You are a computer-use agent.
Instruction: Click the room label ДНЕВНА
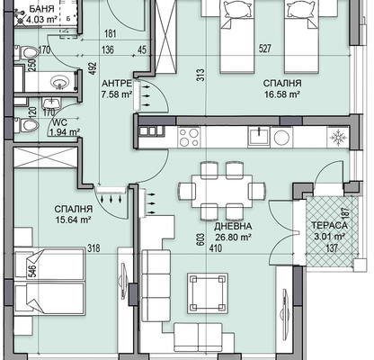[233, 226]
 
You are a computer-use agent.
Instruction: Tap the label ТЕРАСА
[329, 225]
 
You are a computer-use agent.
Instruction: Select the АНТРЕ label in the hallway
[117, 83]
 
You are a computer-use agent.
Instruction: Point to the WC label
[59, 122]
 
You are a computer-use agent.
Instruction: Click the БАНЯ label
[41, 9]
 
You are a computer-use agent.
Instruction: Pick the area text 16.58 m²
[282, 94]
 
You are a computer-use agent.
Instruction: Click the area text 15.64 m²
[73, 220]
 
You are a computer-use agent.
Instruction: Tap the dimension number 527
[264, 49]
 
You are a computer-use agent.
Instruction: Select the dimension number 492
[93, 69]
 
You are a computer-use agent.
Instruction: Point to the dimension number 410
[216, 248]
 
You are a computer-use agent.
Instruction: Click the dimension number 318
[93, 248]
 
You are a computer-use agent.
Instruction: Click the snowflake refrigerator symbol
[338, 137]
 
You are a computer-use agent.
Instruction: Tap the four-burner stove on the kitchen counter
[189, 137]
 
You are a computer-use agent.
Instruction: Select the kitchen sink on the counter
[259, 137]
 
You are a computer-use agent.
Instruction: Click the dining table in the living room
[221, 190]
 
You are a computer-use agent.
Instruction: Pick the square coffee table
[208, 293]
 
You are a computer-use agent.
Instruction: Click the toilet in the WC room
[26, 124]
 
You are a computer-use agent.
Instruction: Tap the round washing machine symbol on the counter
[281, 137]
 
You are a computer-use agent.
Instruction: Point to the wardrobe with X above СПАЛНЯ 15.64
[46, 157]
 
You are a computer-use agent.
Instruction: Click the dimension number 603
[201, 240]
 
